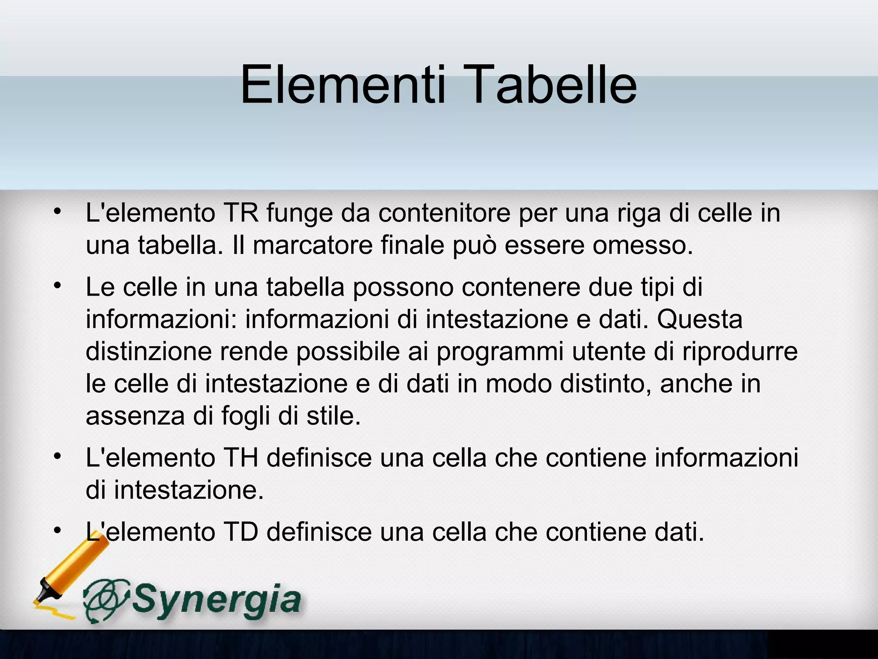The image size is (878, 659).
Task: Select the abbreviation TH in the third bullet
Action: click(x=241, y=457)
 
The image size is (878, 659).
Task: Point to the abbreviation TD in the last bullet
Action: click(x=241, y=532)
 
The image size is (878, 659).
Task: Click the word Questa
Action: click(x=700, y=319)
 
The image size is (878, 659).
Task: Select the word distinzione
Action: click(x=149, y=351)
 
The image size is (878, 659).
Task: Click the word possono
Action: click(x=403, y=287)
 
